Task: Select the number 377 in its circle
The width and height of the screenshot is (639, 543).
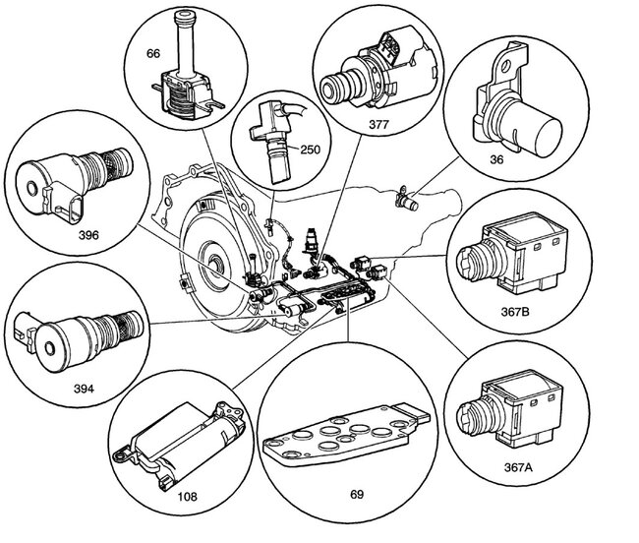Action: [x=379, y=125]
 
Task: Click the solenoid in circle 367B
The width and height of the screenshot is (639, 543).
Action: [x=512, y=254]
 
